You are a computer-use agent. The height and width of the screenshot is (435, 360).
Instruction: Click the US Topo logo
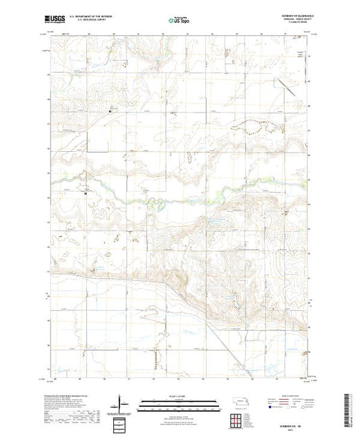[x=180, y=19]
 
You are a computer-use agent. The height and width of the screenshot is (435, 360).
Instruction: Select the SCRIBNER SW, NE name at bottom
[x=294, y=422]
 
